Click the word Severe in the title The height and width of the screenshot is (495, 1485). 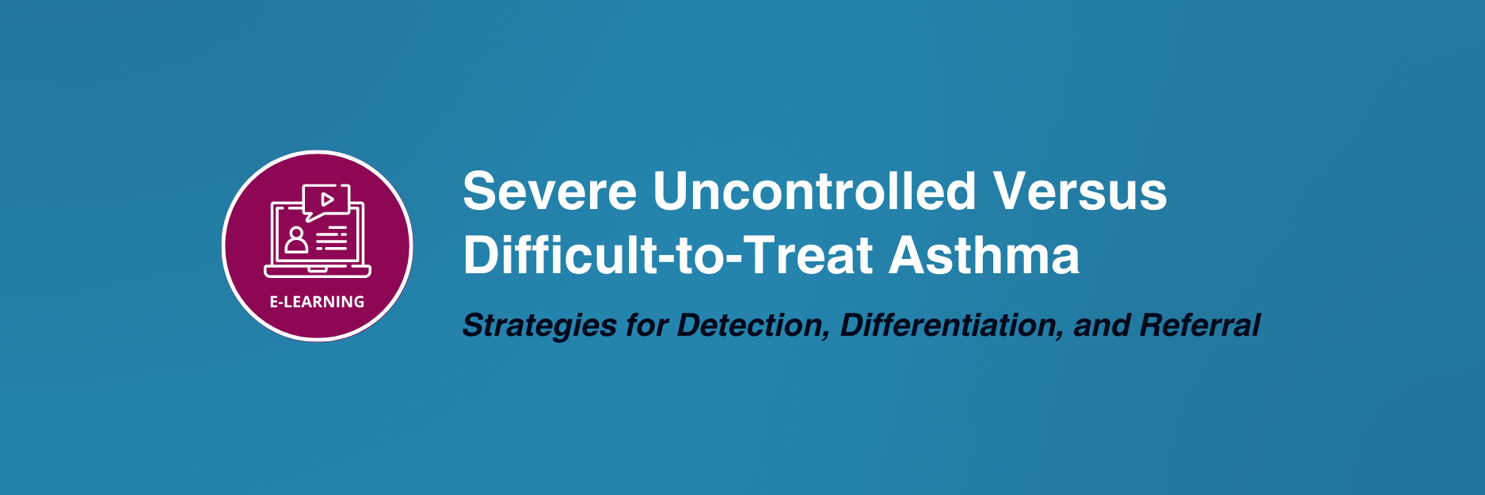pos(550,192)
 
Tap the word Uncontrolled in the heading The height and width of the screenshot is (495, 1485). pos(814,191)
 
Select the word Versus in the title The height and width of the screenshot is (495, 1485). pos(1080,192)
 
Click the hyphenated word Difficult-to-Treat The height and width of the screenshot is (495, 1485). pos(667,255)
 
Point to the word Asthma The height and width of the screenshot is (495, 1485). pos(984,255)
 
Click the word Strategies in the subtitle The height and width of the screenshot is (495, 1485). pos(539,326)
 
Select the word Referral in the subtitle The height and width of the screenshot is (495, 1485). pos(1199,325)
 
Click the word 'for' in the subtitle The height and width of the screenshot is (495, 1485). pos(647,325)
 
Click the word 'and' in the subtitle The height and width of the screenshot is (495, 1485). pos(1101,325)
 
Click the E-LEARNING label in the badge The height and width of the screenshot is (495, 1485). pos(317,302)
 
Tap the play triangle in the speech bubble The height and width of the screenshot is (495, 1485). pos(327,199)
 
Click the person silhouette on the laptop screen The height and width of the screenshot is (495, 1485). pos(296,239)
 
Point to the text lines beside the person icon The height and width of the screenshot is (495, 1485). pos(332,238)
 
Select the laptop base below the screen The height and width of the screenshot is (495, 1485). pos(318,272)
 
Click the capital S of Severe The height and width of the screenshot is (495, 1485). pos(479,191)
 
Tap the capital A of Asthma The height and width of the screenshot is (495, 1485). pos(907,255)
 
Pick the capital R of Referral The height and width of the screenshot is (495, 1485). pos(1152,325)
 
